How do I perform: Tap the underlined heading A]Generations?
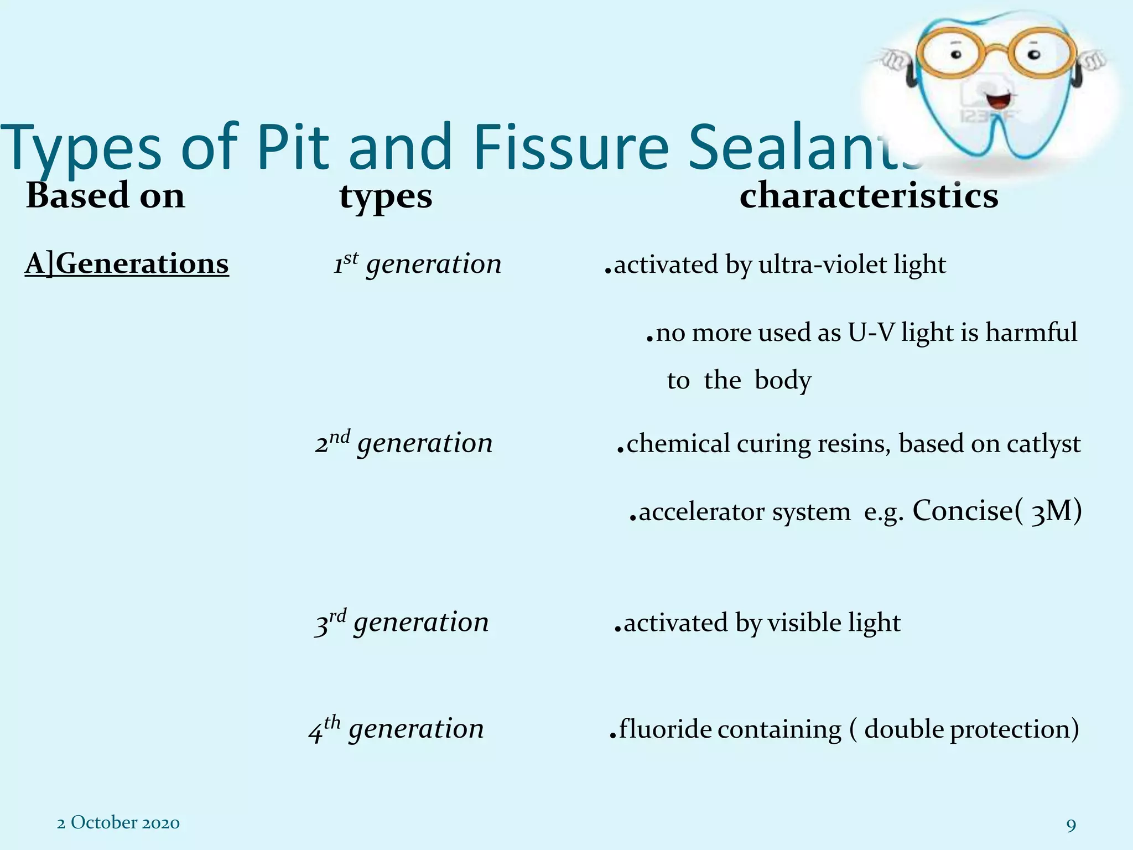click(127, 264)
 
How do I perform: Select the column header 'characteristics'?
click(869, 196)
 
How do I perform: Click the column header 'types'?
click(386, 197)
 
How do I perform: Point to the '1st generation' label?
click(417, 264)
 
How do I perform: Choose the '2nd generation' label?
click(404, 443)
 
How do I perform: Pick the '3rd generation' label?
click(402, 623)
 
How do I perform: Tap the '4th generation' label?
click(396, 729)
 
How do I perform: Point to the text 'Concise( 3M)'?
click(996, 511)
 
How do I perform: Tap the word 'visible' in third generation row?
click(804, 623)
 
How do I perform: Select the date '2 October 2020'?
click(118, 823)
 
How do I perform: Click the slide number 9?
click(1071, 826)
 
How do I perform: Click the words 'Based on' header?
click(105, 196)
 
